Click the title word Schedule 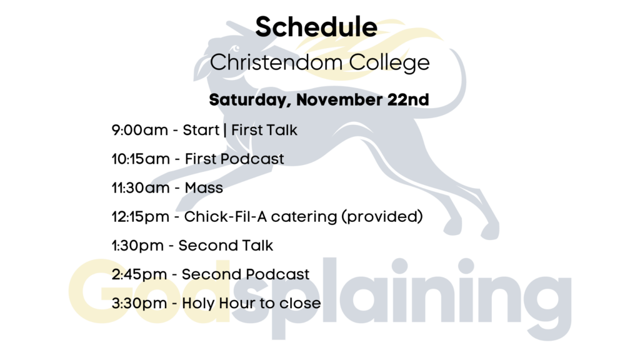(316, 26)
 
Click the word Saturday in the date (250, 100)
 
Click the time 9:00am (139, 130)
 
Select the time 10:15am (141, 159)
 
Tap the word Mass (204, 187)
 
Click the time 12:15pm (141, 216)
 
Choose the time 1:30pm (137, 246)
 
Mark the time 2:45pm (139, 274)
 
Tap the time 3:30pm (139, 303)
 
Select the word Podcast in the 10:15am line (252, 159)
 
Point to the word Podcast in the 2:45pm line (277, 274)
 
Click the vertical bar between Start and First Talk (225, 130)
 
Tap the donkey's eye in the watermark (236, 49)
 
